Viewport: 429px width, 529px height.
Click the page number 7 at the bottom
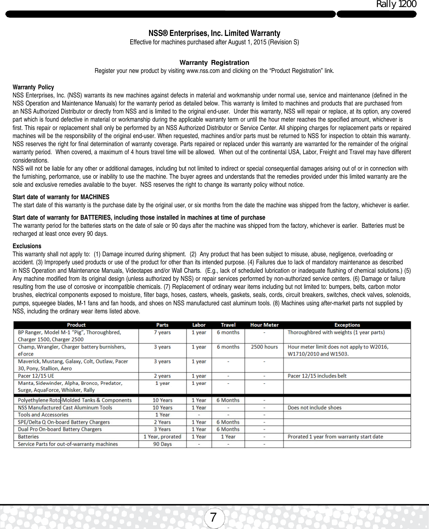(213, 518)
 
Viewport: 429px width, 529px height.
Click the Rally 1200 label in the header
(396, 4)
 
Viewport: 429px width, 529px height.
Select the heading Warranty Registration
(214, 62)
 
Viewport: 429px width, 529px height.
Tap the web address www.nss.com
(203, 71)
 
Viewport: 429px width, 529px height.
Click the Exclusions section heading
(27, 246)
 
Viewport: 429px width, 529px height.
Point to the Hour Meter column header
(264, 325)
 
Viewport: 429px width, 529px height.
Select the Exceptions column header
(347, 325)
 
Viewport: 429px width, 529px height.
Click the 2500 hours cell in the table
(264, 347)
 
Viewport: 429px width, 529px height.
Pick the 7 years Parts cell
(162, 332)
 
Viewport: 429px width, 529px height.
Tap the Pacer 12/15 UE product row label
(36, 376)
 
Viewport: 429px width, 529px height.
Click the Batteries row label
(28, 437)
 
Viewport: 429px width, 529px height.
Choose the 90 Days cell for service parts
(162, 444)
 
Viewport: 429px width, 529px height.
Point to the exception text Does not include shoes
(314, 407)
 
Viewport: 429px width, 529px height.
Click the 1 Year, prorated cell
(162, 437)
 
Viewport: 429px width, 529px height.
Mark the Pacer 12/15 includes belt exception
(317, 376)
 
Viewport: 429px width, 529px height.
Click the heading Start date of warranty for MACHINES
(61, 197)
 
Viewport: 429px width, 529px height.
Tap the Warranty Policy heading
(33, 87)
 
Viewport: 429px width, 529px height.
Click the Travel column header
(228, 325)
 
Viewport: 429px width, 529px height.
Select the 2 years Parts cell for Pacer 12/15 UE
(162, 376)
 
